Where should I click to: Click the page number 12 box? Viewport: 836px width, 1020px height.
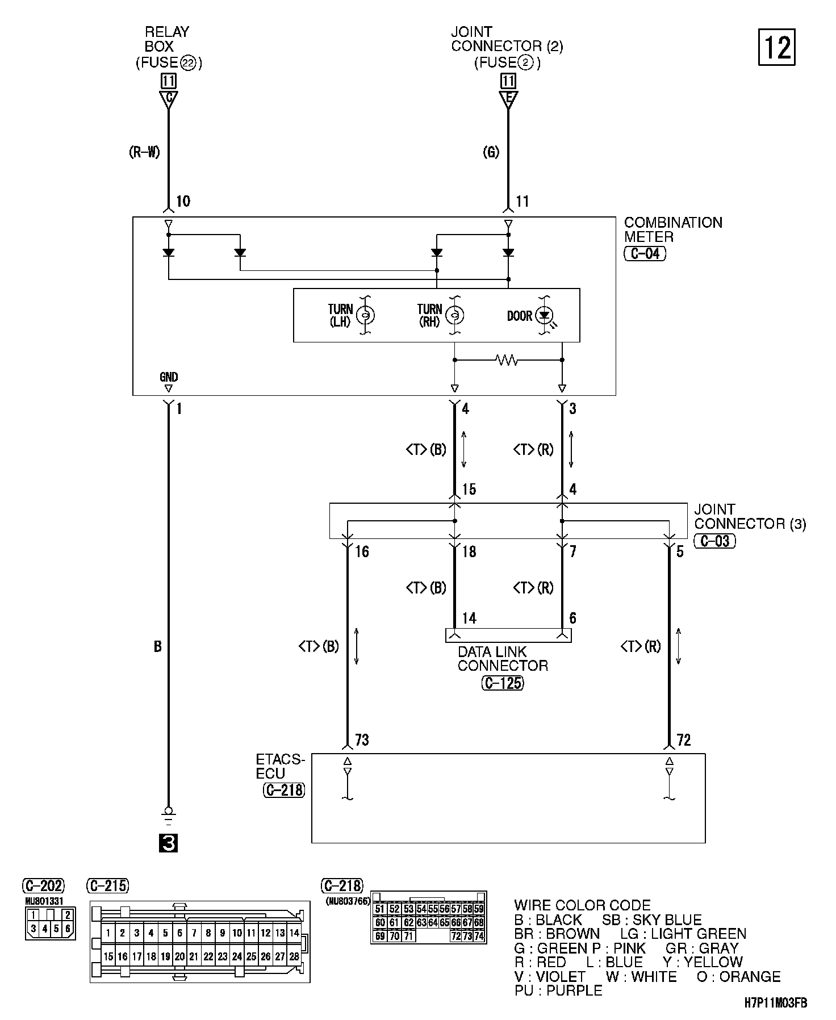point(776,48)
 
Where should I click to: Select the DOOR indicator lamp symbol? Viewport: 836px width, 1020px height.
point(544,315)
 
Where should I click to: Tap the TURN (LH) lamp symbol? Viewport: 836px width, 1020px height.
point(365,315)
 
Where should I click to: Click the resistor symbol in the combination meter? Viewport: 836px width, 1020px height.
point(507,359)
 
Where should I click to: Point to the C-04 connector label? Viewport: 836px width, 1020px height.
point(645,253)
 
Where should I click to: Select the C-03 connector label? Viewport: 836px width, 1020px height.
point(714,541)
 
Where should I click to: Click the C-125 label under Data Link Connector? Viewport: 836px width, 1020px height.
point(503,683)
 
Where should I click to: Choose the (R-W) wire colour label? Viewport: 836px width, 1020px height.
point(145,152)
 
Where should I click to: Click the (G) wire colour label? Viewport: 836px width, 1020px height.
point(491,152)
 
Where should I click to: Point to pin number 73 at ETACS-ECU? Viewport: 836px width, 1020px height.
point(362,740)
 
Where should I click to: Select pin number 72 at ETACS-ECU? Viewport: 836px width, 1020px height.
point(684,740)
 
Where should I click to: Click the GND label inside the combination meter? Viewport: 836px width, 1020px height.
point(169,377)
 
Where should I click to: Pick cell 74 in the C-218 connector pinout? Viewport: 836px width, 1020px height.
point(479,937)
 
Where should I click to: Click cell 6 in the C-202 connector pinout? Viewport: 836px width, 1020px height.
point(68,929)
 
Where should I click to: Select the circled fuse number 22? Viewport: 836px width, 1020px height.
point(188,63)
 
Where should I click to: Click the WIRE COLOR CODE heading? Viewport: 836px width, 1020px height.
point(582,905)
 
